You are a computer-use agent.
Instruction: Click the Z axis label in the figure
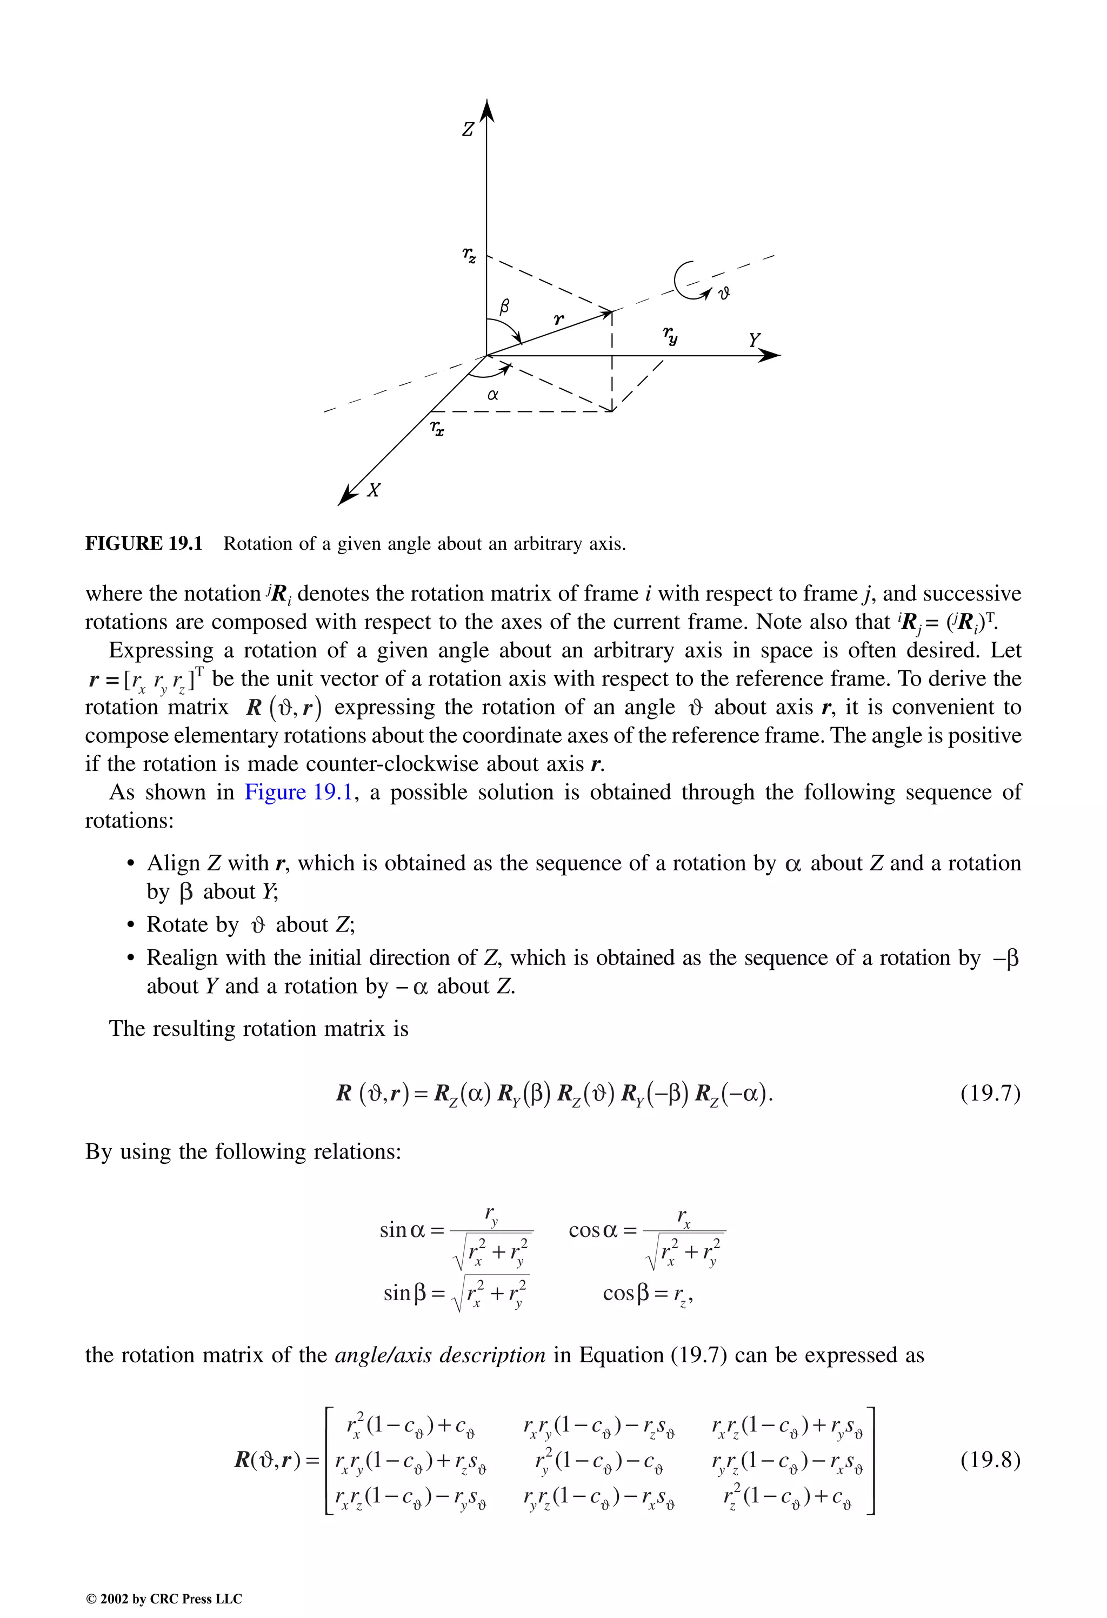point(469,130)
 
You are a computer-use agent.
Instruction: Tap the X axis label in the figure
point(374,490)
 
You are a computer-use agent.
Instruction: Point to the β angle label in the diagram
point(505,305)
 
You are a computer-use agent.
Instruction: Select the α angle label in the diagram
point(493,395)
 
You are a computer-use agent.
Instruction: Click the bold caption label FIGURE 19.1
point(143,544)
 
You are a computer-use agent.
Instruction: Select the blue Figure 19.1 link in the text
point(299,793)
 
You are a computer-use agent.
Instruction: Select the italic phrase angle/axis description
point(440,1355)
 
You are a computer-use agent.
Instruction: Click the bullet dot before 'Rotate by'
point(130,925)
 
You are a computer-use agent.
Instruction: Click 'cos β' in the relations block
point(628,1293)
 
